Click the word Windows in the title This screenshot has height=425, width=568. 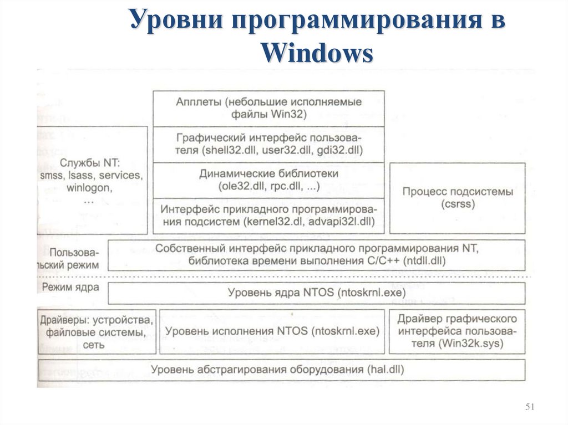click(x=317, y=53)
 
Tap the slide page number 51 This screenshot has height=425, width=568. click(x=529, y=408)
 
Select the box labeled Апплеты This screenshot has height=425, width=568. click(x=268, y=109)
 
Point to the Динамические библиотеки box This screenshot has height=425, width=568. click(x=268, y=180)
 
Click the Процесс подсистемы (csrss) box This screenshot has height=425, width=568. click(x=457, y=198)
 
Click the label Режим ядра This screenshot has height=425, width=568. click(x=71, y=288)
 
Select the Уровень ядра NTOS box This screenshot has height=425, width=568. click(x=316, y=293)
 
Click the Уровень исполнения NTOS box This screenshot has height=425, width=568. click(x=272, y=331)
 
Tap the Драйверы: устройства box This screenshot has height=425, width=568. click(x=96, y=331)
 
